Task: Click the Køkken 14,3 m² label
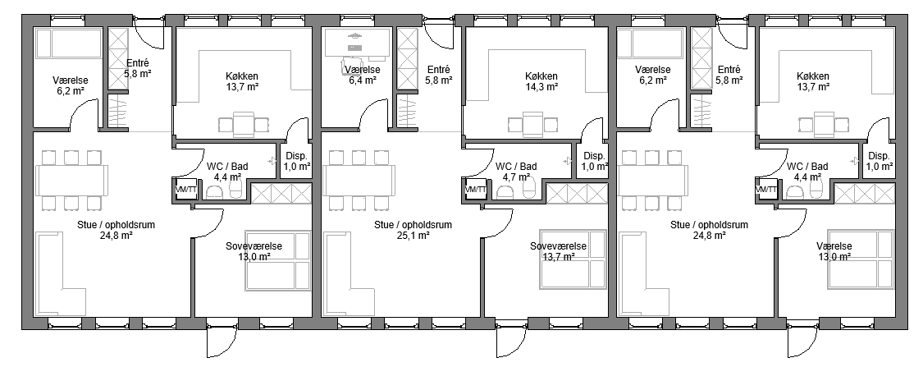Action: pyautogui.click(x=541, y=81)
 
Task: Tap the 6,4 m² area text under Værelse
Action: pyautogui.click(x=363, y=80)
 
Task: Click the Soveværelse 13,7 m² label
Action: pyautogui.click(x=558, y=251)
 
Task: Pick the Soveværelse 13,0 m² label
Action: pyautogui.click(x=254, y=251)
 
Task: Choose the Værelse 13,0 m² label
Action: pyautogui.click(x=834, y=251)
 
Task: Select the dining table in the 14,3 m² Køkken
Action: pyautogui.click(x=532, y=124)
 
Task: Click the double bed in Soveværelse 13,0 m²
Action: pyautogui.click(x=278, y=260)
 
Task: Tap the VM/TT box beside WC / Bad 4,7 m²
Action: pyautogui.click(x=476, y=190)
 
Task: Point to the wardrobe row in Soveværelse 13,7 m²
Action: pyautogui.click(x=576, y=193)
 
